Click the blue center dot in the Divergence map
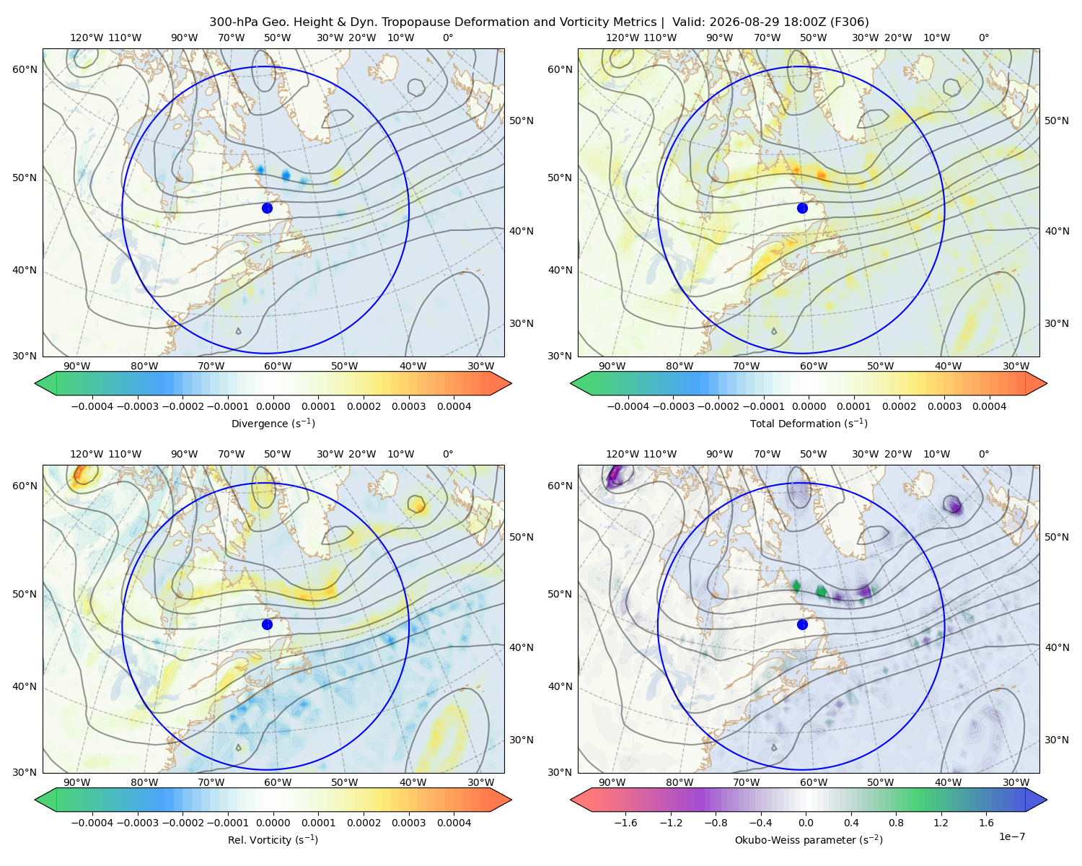click(x=267, y=209)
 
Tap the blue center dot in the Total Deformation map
click(x=802, y=209)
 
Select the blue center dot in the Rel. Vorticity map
click(x=267, y=624)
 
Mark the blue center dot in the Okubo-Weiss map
click(x=802, y=624)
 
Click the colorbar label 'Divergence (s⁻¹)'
click(x=273, y=424)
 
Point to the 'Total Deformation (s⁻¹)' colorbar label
click(x=809, y=424)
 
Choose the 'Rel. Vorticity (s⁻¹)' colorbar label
click(x=273, y=840)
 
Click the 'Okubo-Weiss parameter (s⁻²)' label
click(x=809, y=840)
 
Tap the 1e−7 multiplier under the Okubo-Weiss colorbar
click(x=1011, y=837)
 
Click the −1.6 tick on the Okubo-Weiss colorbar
click(x=625, y=823)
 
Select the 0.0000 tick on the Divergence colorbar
click(x=273, y=406)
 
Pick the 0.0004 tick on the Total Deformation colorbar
click(x=990, y=406)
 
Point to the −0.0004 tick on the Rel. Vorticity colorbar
click(x=92, y=823)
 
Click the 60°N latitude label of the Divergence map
click(x=25, y=69)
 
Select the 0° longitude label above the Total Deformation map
click(x=984, y=38)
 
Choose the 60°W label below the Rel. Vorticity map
click(x=278, y=782)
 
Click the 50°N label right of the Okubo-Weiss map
click(x=1057, y=537)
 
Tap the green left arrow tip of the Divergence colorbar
click(x=35, y=383)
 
